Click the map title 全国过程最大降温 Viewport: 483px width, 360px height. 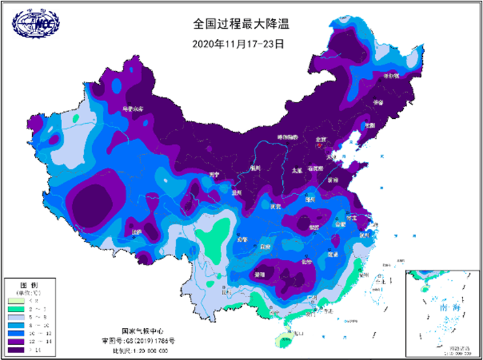click(x=241, y=24)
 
